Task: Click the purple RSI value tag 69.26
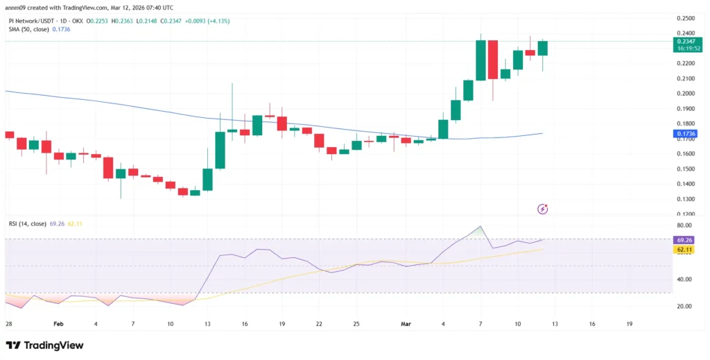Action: point(684,239)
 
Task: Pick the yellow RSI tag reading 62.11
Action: point(684,249)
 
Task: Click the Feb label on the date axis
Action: point(58,323)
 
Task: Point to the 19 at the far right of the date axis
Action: point(629,323)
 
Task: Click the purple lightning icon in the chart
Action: point(543,209)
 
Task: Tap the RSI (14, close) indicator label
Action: point(27,223)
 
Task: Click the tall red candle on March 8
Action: point(492,60)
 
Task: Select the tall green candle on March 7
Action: point(480,60)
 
